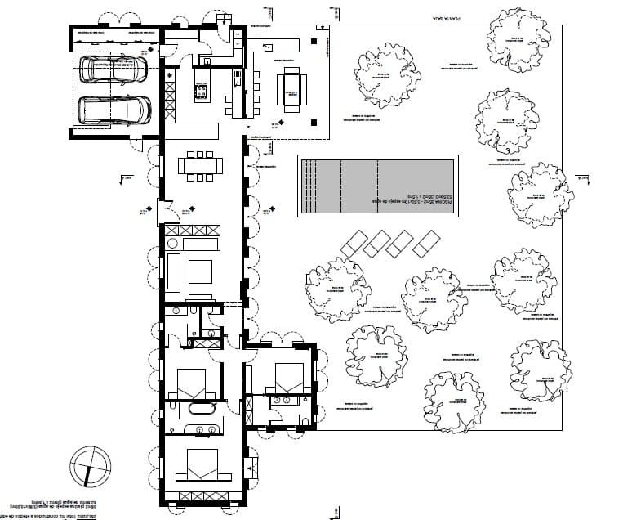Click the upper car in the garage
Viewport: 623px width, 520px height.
click(113, 69)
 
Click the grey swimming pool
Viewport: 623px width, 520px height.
click(376, 186)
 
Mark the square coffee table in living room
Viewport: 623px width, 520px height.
click(200, 270)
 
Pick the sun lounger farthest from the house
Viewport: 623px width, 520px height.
click(425, 243)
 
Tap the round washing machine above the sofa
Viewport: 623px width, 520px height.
click(172, 243)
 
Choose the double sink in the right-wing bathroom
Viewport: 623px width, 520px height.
click(287, 401)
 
